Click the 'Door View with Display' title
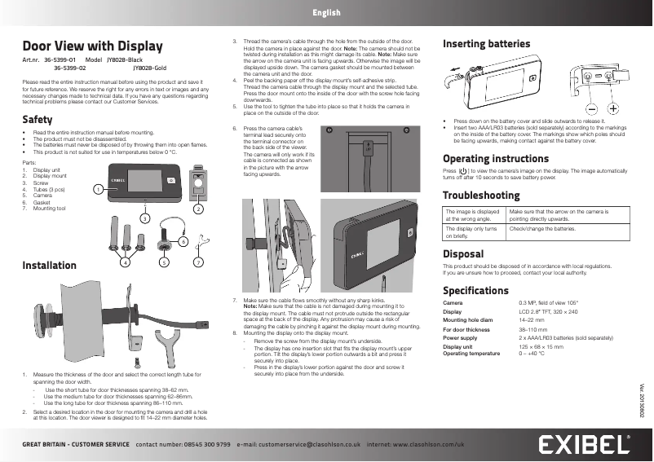tap(91, 46)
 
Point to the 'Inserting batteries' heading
tap(486, 43)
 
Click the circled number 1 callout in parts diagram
tap(97, 189)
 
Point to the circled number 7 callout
tap(197, 262)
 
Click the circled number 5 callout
tap(164, 262)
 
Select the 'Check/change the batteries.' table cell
tap(539, 230)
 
